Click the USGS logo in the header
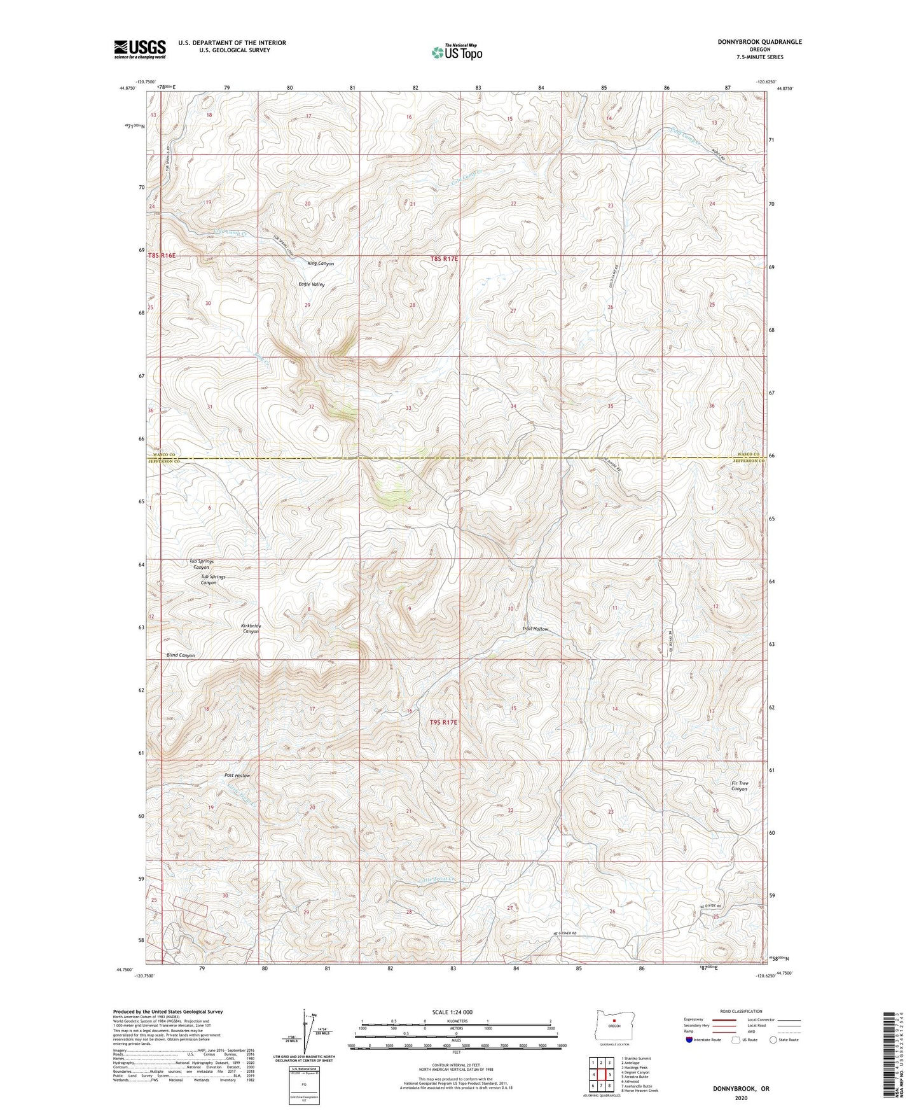coord(140,49)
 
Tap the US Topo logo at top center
coord(456,52)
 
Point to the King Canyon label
coord(321,263)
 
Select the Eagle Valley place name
coord(312,284)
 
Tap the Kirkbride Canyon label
coord(251,629)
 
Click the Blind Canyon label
coord(181,655)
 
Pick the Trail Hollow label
coord(535,629)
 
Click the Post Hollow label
coord(237,776)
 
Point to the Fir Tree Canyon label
coord(739,786)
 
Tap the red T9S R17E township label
coord(443,722)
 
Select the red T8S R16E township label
coord(162,256)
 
